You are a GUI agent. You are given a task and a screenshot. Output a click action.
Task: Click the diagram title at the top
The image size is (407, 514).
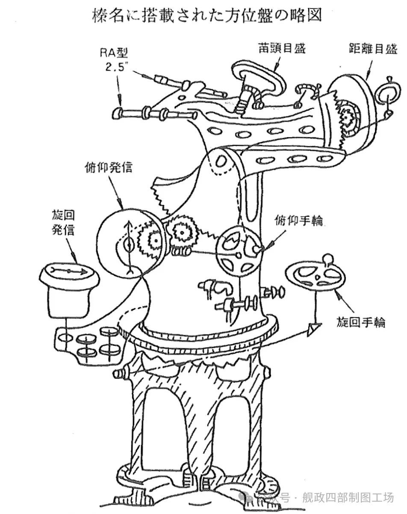[206, 16]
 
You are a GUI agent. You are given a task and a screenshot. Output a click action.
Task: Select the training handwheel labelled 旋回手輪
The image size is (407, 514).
[314, 277]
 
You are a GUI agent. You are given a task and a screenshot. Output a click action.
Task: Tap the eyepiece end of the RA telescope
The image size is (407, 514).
[116, 114]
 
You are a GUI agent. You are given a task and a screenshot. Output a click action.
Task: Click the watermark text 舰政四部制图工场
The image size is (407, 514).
[346, 498]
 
